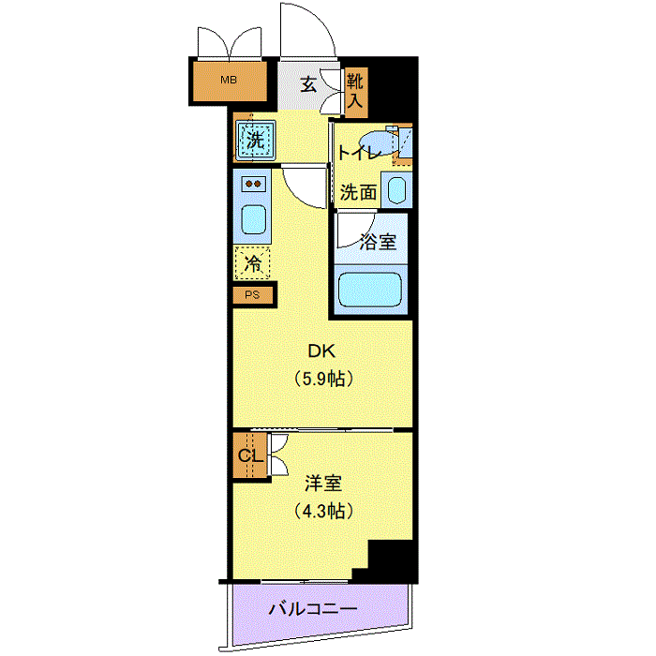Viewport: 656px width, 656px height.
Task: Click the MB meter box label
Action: [229, 81]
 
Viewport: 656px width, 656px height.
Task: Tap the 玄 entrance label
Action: [308, 83]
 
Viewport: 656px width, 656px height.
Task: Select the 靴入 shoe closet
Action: [355, 92]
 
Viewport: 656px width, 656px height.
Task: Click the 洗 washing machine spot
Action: [254, 142]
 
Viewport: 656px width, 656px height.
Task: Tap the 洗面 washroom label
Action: [358, 193]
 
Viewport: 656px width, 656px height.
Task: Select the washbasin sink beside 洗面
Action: [396, 191]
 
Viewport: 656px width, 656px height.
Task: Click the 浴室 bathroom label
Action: [378, 242]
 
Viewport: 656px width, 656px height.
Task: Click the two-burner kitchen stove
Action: [254, 185]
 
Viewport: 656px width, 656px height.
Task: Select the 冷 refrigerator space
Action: [253, 264]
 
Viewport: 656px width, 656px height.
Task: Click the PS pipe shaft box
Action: [252, 296]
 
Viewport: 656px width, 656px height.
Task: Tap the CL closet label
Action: [247, 456]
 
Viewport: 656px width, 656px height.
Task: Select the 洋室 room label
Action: [322, 485]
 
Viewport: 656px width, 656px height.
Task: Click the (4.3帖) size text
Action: [322, 512]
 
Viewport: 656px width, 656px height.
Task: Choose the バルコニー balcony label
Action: [312, 609]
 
